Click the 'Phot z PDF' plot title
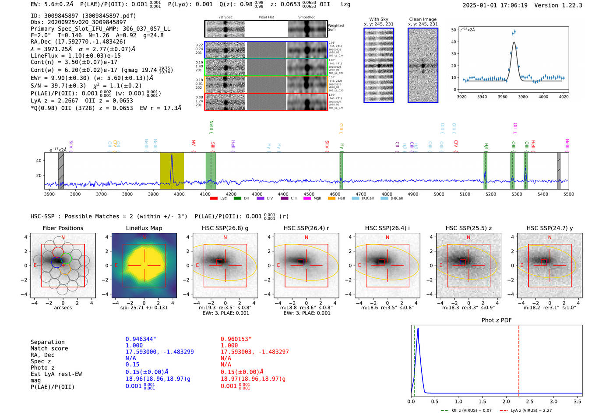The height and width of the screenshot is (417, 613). (x=497, y=320)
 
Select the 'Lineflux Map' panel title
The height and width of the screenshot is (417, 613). (x=144, y=228)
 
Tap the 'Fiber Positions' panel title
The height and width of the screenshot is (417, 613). (x=63, y=228)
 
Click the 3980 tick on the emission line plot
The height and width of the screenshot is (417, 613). (x=523, y=97)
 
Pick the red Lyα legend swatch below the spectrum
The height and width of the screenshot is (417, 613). (x=214, y=199)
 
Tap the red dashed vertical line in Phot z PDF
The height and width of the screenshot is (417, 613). (x=519, y=359)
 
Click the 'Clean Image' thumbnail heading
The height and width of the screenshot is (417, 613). (x=423, y=19)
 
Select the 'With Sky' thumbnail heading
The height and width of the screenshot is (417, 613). (x=379, y=19)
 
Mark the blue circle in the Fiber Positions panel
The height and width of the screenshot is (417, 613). (x=56, y=262)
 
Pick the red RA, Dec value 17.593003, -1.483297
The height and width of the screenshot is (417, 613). (x=254, y=352)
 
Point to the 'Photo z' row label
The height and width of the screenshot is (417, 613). (x=42, y=368)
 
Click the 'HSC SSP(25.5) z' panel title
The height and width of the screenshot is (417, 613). (x=469, y=228)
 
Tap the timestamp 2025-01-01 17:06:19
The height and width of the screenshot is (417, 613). (x=495, y=5)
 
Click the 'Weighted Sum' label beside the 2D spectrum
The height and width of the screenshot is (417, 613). (x=335, y=28)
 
